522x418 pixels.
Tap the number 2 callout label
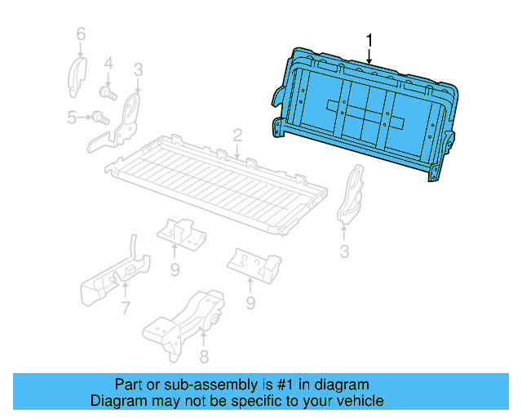(x=237, y=134)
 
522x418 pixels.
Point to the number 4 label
(x=108, y=62)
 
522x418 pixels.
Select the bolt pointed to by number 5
(x=100, y=118)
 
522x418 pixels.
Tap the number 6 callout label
(x=80, y=34)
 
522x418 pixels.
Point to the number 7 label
(x=125, y=308)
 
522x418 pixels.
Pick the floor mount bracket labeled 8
(x=185, y=321)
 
